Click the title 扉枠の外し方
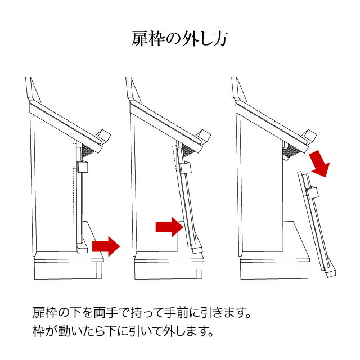180,39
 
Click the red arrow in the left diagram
106,246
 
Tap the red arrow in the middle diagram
169,227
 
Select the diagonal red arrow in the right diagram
320,164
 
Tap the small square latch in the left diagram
83,167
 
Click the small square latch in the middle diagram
186,168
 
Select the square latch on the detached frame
312,193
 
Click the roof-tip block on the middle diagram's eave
204,137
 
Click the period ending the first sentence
247,316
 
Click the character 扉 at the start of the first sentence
39,313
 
